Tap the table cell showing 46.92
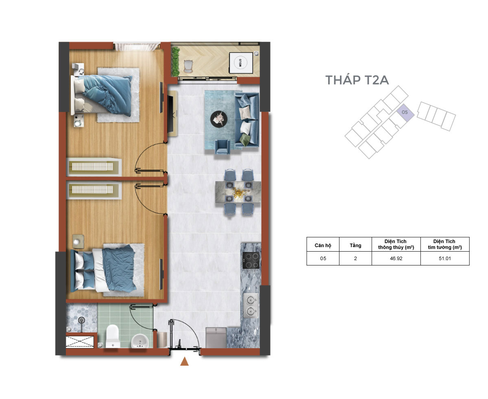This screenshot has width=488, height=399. (396, 258)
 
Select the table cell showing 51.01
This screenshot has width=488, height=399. (444, 258)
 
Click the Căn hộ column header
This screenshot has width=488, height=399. (322, 245)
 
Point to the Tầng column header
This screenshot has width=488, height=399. (355, 245)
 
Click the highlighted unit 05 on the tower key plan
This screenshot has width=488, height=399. (405, 112)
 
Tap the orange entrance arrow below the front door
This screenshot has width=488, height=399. (184, 361)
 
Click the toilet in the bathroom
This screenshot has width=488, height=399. (113, 336)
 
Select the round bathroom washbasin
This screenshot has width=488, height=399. (140, 341)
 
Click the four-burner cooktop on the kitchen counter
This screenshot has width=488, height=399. (251, 260)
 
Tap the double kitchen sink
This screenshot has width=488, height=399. (251, 305)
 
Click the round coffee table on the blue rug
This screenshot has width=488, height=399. (218, 119)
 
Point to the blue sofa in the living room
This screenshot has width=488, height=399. (247, 120)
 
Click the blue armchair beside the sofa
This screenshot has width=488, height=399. (222, 147)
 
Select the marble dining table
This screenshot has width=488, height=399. (238, 192)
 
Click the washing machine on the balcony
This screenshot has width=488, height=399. (241, 63)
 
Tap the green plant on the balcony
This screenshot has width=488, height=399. (175, 61)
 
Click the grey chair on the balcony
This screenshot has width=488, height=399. (188, 66)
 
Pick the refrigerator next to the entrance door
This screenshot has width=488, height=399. (216, 338)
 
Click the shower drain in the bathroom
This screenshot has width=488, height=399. (81, 320)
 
